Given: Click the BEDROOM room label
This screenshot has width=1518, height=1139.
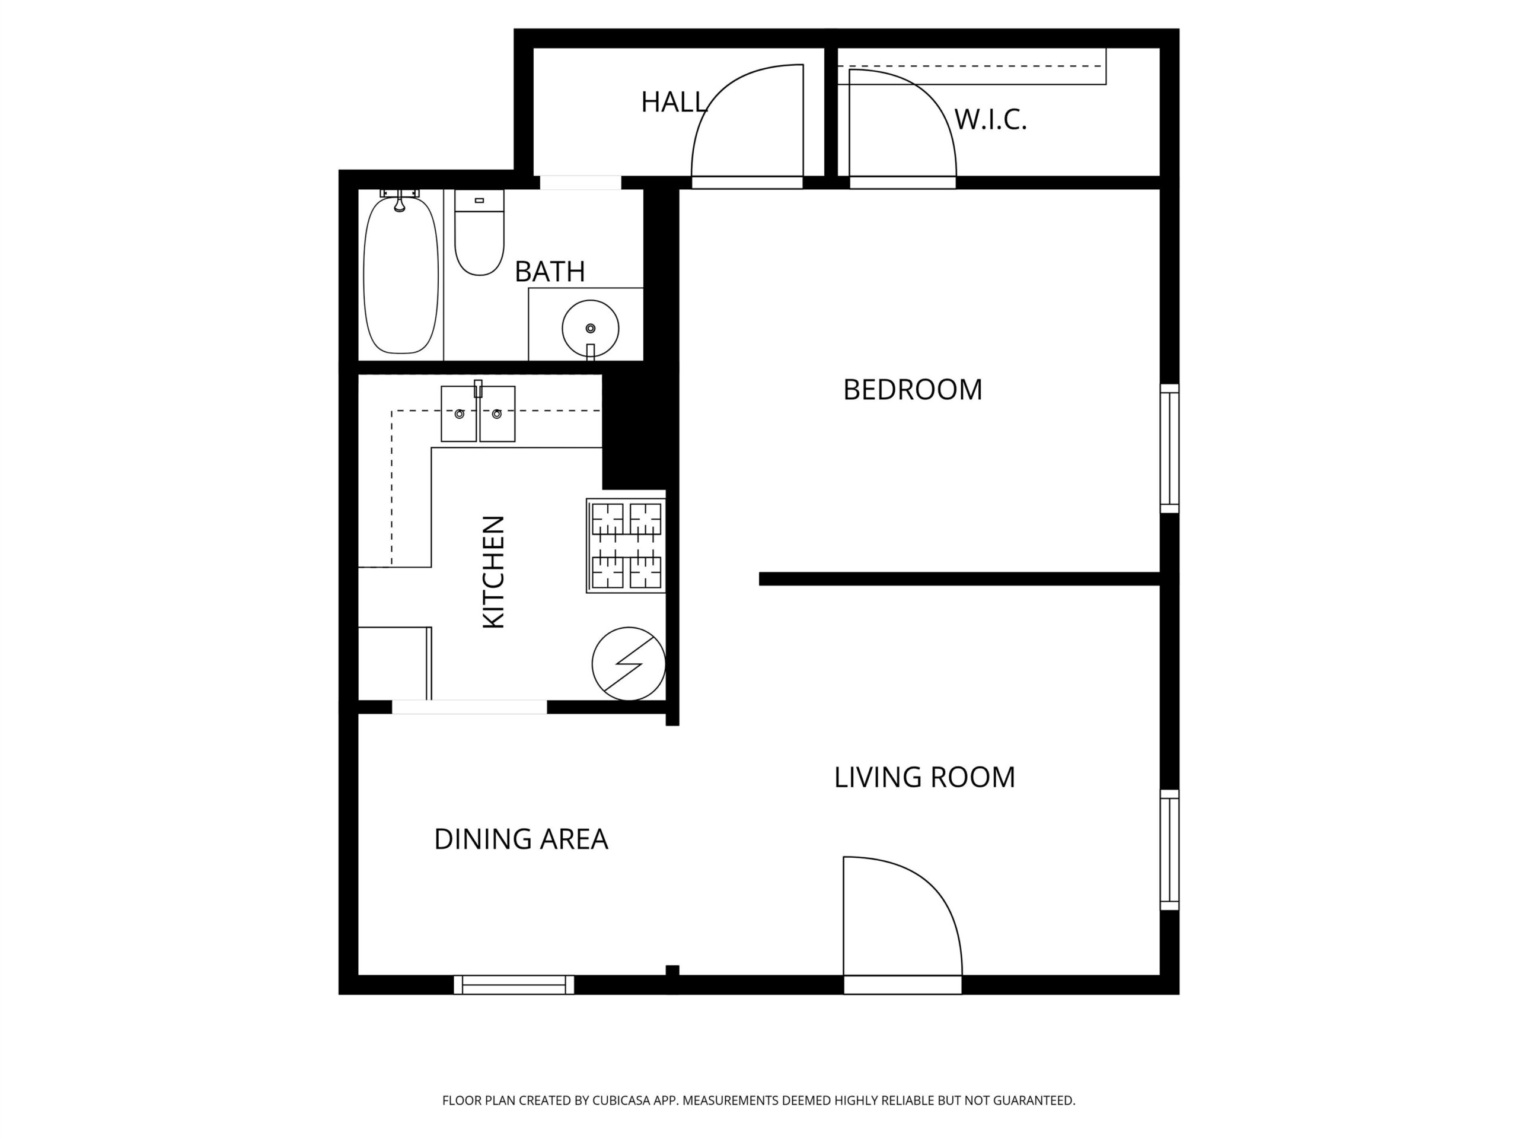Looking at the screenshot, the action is [x=912, y=390].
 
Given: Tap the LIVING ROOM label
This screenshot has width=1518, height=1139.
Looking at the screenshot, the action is [x=924, y=777].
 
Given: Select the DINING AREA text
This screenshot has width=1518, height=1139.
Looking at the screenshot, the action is [x=521, y=839].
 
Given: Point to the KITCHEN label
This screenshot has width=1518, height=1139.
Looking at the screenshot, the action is [x=494, y=572].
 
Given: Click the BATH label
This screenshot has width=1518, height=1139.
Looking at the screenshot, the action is [x=550, y=272].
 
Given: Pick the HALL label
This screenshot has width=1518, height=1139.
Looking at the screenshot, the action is [x=674, y=102].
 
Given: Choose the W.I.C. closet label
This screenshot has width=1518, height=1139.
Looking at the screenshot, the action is [x=990, y=119].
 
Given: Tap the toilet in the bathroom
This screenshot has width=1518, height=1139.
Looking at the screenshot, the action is [x=479, y=233].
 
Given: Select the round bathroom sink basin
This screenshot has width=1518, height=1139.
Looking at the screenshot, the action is [x=590, y=329].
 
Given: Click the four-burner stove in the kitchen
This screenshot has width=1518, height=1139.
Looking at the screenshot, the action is [x=626, y=546].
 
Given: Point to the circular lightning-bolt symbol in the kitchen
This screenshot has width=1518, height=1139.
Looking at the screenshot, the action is [x=629, y=664].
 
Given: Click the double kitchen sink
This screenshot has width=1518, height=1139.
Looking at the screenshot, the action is [x=477, y=413].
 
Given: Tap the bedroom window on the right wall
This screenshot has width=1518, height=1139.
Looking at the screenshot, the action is [x=1169, y=448].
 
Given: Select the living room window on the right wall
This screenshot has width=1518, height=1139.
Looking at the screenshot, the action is [x=1169, y=850].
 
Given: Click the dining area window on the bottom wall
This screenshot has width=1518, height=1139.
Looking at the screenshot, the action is [x=514, y=985].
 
